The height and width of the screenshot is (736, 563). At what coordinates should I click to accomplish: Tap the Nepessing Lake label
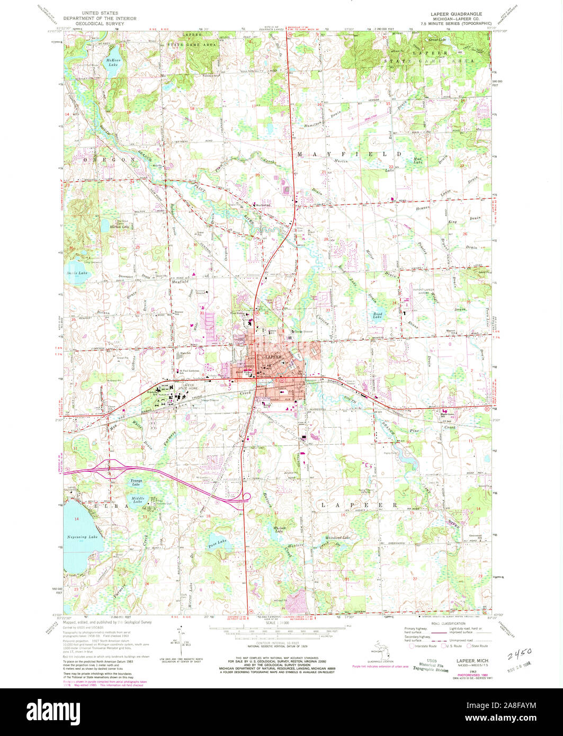[83, 537]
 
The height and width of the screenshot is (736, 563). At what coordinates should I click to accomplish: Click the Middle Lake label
[138, 499]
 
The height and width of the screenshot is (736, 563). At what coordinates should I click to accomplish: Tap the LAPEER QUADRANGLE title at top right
[450, 14]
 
